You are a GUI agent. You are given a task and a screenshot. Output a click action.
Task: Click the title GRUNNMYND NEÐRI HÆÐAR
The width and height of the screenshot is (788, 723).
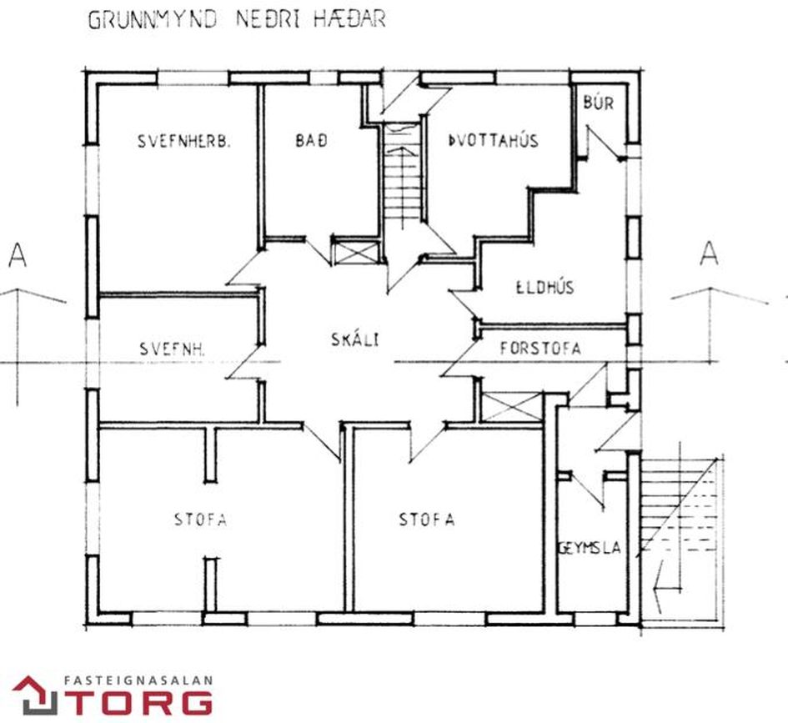237,20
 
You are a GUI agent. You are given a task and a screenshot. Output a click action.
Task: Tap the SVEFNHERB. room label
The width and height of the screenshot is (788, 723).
184,141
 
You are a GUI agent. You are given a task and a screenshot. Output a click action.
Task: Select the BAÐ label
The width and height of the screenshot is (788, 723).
311,140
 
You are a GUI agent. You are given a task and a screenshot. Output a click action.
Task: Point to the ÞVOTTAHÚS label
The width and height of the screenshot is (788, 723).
493,140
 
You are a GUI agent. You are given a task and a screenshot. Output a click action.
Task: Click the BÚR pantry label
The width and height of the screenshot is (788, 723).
599,103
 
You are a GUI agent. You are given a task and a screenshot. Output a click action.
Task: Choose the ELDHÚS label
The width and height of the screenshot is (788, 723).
545,288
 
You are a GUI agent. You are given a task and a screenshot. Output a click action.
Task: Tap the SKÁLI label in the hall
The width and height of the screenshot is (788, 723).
354,339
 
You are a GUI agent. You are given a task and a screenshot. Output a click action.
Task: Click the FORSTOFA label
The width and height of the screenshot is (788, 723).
540,349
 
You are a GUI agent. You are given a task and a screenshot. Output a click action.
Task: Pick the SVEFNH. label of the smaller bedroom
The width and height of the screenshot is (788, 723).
172,349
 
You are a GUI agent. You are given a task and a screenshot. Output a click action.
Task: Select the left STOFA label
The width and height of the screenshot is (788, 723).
200,519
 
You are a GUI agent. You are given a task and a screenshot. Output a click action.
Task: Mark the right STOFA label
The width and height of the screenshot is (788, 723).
427,519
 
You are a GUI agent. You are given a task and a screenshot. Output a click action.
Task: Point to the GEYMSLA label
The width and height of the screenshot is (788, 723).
590,548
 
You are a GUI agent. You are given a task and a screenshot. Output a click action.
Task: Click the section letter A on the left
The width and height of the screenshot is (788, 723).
18,254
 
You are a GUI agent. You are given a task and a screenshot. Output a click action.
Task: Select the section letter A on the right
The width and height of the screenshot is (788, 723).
709,254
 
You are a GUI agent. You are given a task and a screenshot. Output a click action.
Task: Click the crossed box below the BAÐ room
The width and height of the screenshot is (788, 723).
357,252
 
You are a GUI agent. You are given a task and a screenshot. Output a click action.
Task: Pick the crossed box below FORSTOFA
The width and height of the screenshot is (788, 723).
512,407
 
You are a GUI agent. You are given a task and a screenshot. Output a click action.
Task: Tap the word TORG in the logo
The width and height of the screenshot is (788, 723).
143,702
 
